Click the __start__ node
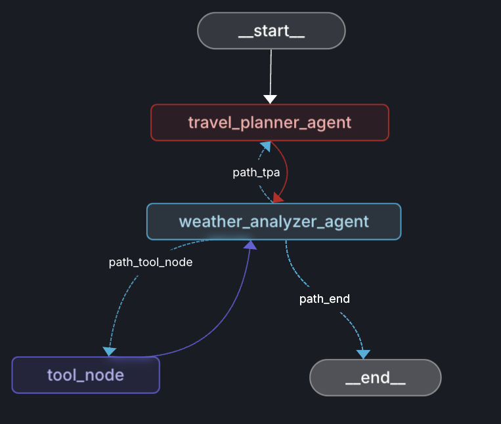pos(271,31)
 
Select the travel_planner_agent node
pos(270,123)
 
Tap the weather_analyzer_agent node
pos(273,222)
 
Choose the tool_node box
pos(85,375)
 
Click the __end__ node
pos(375,377)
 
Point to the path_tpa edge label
pos(256,172)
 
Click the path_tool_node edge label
pos(150,263)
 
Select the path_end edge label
pos(324,299)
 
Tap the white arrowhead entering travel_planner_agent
pos(270,99)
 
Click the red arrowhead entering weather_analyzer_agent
pos(278,197)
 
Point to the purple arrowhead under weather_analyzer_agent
pos(250,245)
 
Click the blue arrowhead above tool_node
pos(110,351)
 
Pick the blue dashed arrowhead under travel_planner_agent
pos(264,146)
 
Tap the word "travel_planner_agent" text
pos(270,123)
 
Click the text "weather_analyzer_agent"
pos(273,222)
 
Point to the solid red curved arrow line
pos(286,170)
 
